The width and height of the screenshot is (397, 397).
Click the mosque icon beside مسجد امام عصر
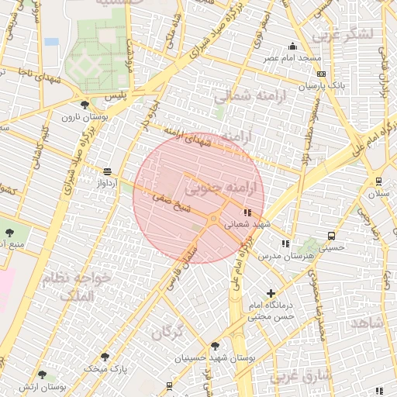tap(292, 46)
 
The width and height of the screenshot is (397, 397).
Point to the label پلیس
tap(138, 93)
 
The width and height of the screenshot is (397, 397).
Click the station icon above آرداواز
tap(106, 171)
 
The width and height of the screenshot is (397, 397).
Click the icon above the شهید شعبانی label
tap(247, 212)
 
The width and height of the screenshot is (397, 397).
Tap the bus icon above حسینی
tap(331, 236)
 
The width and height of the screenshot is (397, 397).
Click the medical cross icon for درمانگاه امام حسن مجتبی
tap(271, 293)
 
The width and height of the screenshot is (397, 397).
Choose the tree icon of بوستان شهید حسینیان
tap(215, 346)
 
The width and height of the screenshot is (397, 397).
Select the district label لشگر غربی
tap(342, 34)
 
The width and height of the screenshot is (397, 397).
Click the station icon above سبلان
tap(378, 181)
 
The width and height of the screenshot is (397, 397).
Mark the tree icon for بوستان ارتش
tap(43, 375)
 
